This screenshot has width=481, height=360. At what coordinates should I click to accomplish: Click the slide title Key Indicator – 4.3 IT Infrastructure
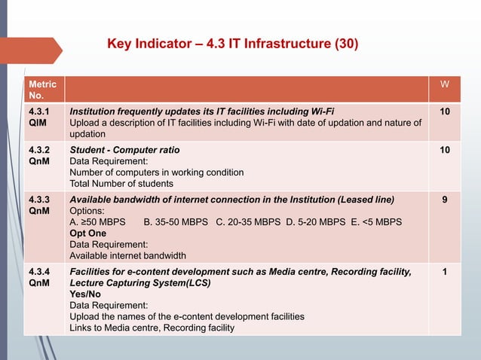click(x=233, y=44)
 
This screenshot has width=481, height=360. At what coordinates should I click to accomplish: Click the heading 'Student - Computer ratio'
click(x=124, y=150)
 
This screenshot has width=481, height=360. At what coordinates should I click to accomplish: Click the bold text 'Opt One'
click(x=87, y=233)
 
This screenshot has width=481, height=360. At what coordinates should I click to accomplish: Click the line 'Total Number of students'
click(x=121, y=183)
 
